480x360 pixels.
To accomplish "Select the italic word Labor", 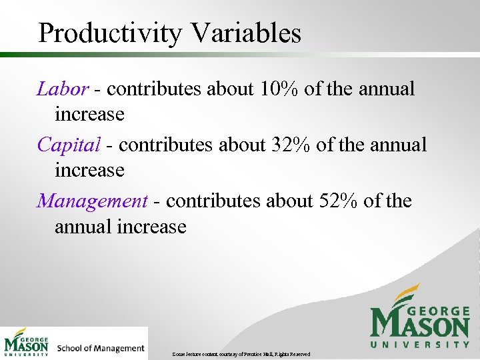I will pyautogui.click(x=62, y=89).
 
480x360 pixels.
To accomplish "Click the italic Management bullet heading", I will pyautogui.click(x=92, y=201).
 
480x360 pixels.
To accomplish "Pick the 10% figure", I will pyautogui.click(x=277, y=89).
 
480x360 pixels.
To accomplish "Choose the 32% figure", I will pyautogui.click(x=289, y=145).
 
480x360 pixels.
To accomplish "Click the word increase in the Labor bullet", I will pyautogui.click(x=89, y=115).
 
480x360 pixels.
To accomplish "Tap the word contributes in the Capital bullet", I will pyautogui.click(x=163, y=145).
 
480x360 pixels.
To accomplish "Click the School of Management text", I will pyautogui.click(x=101, y=348).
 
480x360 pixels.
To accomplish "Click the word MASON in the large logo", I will pyautogui.click(x=420, y=325).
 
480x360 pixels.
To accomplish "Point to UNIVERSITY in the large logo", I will pyautogui.click(x=420, y=345).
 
